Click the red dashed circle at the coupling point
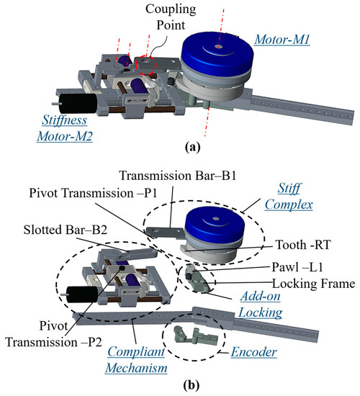click(147, 65)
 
